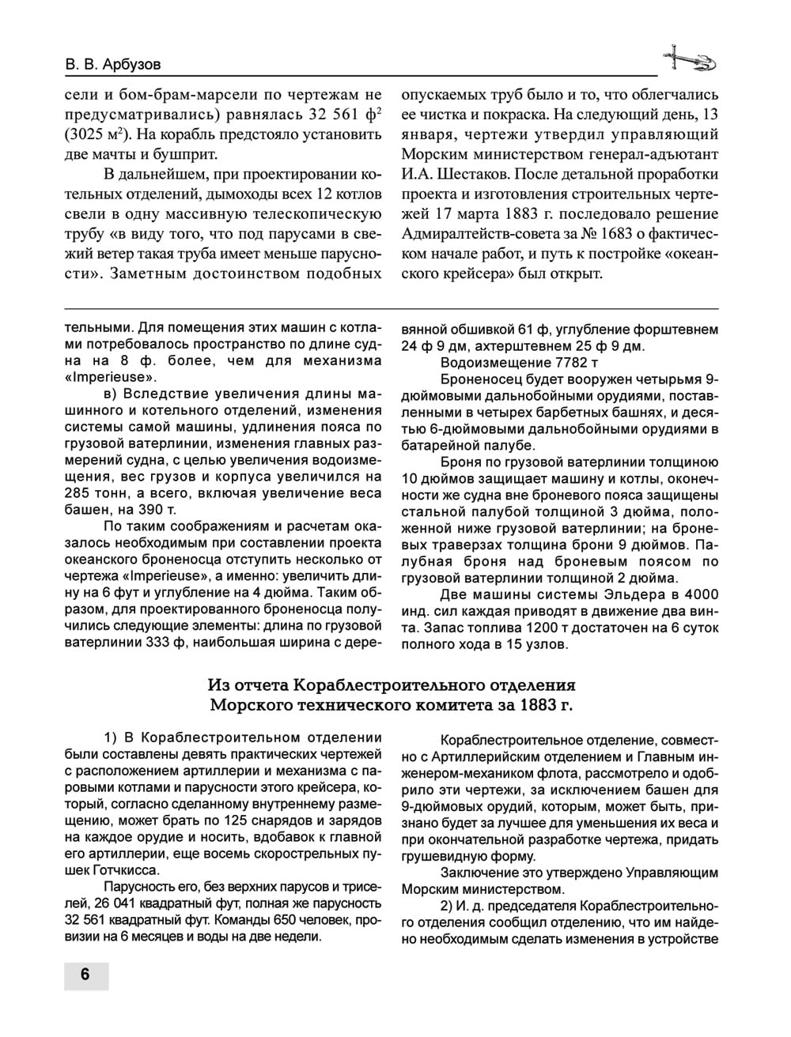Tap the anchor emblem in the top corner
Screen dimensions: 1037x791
pyautogui.click(x=688, y=58)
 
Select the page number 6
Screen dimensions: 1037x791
pyautogui.click(x=85, y=974)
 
